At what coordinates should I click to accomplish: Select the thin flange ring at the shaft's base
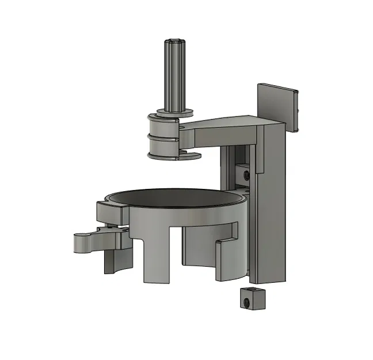[173, 112]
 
